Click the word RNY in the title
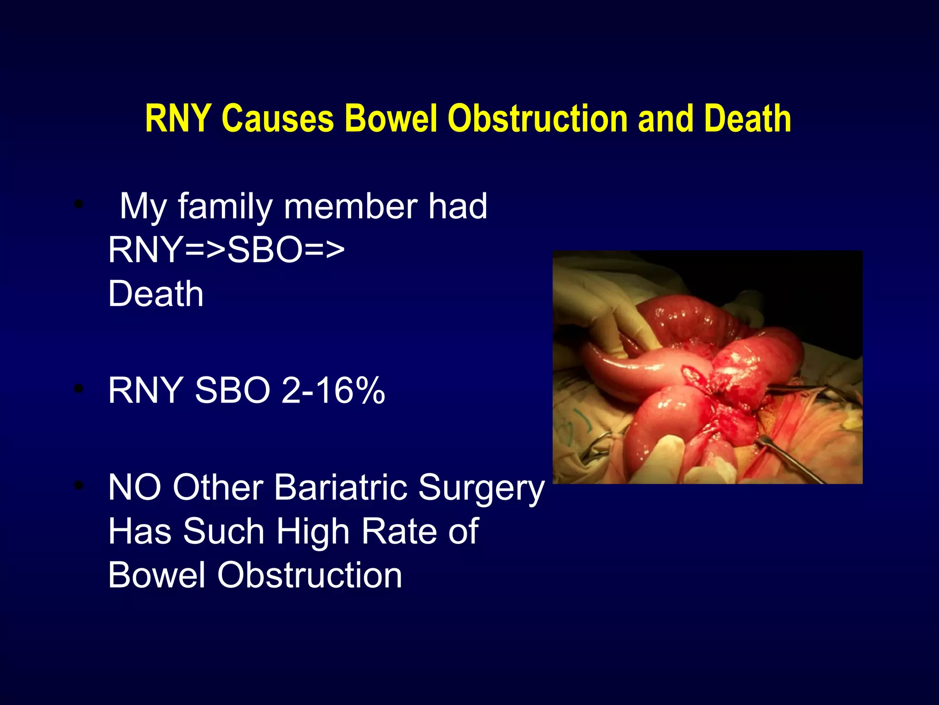click(x=178, y=118)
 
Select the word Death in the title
click(x=747, y=118)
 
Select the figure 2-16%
click(x=333, y=391)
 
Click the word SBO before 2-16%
click(x=232, y=391)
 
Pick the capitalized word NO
click(x=135, y=487)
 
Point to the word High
click(x=313, y=532)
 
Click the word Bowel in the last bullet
click(x=156, y=575)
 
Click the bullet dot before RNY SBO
click(x=79, y=389)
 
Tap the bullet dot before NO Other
click(x=79, y=486)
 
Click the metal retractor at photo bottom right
click(x=789, y=459)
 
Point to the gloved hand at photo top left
click(x=596, y=298)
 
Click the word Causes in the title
click(x=277, y=118)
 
